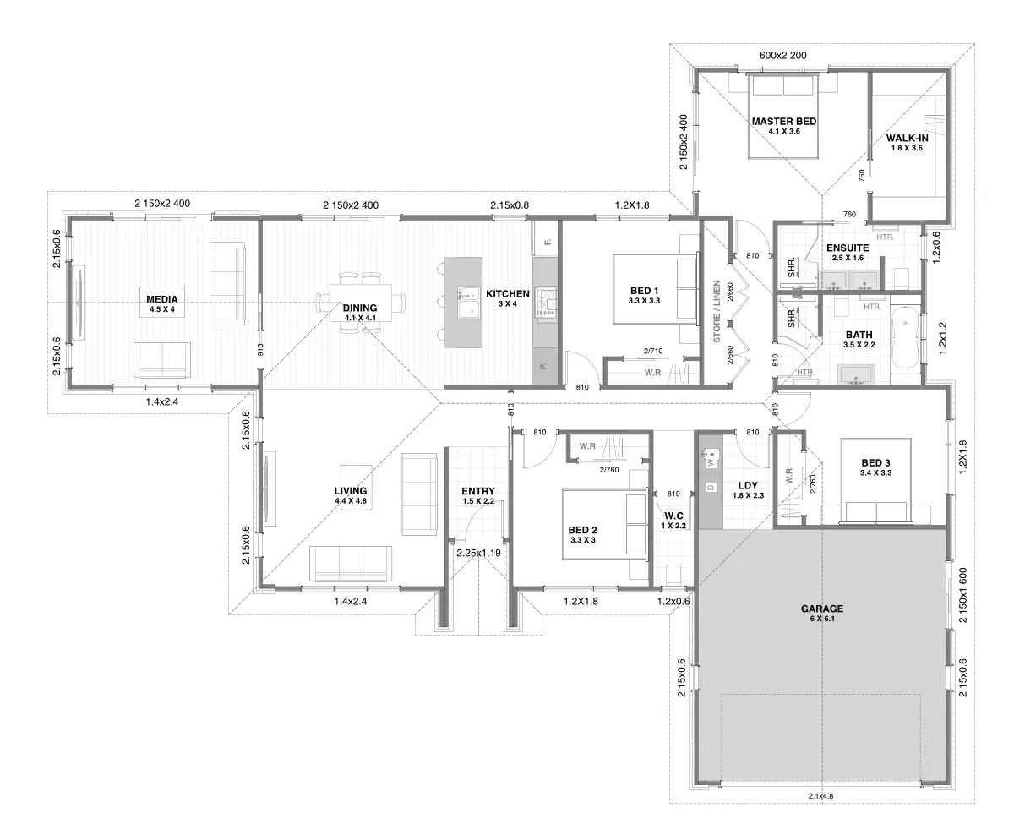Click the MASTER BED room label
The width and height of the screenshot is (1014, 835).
[x=783, y=121]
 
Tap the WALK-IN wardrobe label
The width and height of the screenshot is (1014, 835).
[x=908, y=138]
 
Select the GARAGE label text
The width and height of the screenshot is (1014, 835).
[x=822, y=609]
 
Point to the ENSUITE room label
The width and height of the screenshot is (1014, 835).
[x=848, y=248]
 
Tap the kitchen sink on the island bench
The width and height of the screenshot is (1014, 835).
[x=468, y=303]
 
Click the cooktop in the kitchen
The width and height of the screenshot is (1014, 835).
[x=547, y=303]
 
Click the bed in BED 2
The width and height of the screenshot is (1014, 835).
[x=605, y=524]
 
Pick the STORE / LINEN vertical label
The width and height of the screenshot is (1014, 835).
[x=717, y=311]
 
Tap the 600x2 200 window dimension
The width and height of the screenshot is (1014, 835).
[x=782, y=55]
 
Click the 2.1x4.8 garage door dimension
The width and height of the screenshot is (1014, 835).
[x=820, y=796]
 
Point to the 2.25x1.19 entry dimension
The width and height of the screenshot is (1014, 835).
[x=478, y=553]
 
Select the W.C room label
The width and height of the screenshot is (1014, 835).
[x=673, y=516]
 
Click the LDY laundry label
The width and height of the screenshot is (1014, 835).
[x=748, y=486]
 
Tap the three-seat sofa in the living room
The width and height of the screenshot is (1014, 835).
[x=351, y=563]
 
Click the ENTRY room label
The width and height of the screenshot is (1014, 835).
[x=478, y=491]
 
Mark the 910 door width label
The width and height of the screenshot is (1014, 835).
[x=260, y=350]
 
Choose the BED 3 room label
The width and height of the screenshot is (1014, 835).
[x=875, y=462]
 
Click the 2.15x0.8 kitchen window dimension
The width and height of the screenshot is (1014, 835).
[x=510, y=205]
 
